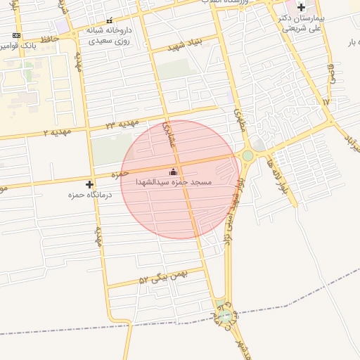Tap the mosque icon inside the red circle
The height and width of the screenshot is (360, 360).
point(174,172)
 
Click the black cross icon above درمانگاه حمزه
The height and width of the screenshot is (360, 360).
point(89,184)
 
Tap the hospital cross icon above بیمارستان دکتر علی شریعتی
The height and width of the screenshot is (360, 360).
point(301,7)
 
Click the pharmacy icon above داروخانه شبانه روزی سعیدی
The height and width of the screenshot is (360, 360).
point(109,21)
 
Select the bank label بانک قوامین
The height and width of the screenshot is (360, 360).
point(17,46)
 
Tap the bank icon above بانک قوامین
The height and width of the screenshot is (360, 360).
point(16,35)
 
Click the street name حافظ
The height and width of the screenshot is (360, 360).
point(49,39)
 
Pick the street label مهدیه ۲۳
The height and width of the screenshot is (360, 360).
point(120,124)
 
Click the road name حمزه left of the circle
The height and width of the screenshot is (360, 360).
point(120,172)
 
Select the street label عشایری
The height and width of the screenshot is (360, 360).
point(171,134)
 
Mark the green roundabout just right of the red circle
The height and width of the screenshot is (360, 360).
point(247,155)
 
